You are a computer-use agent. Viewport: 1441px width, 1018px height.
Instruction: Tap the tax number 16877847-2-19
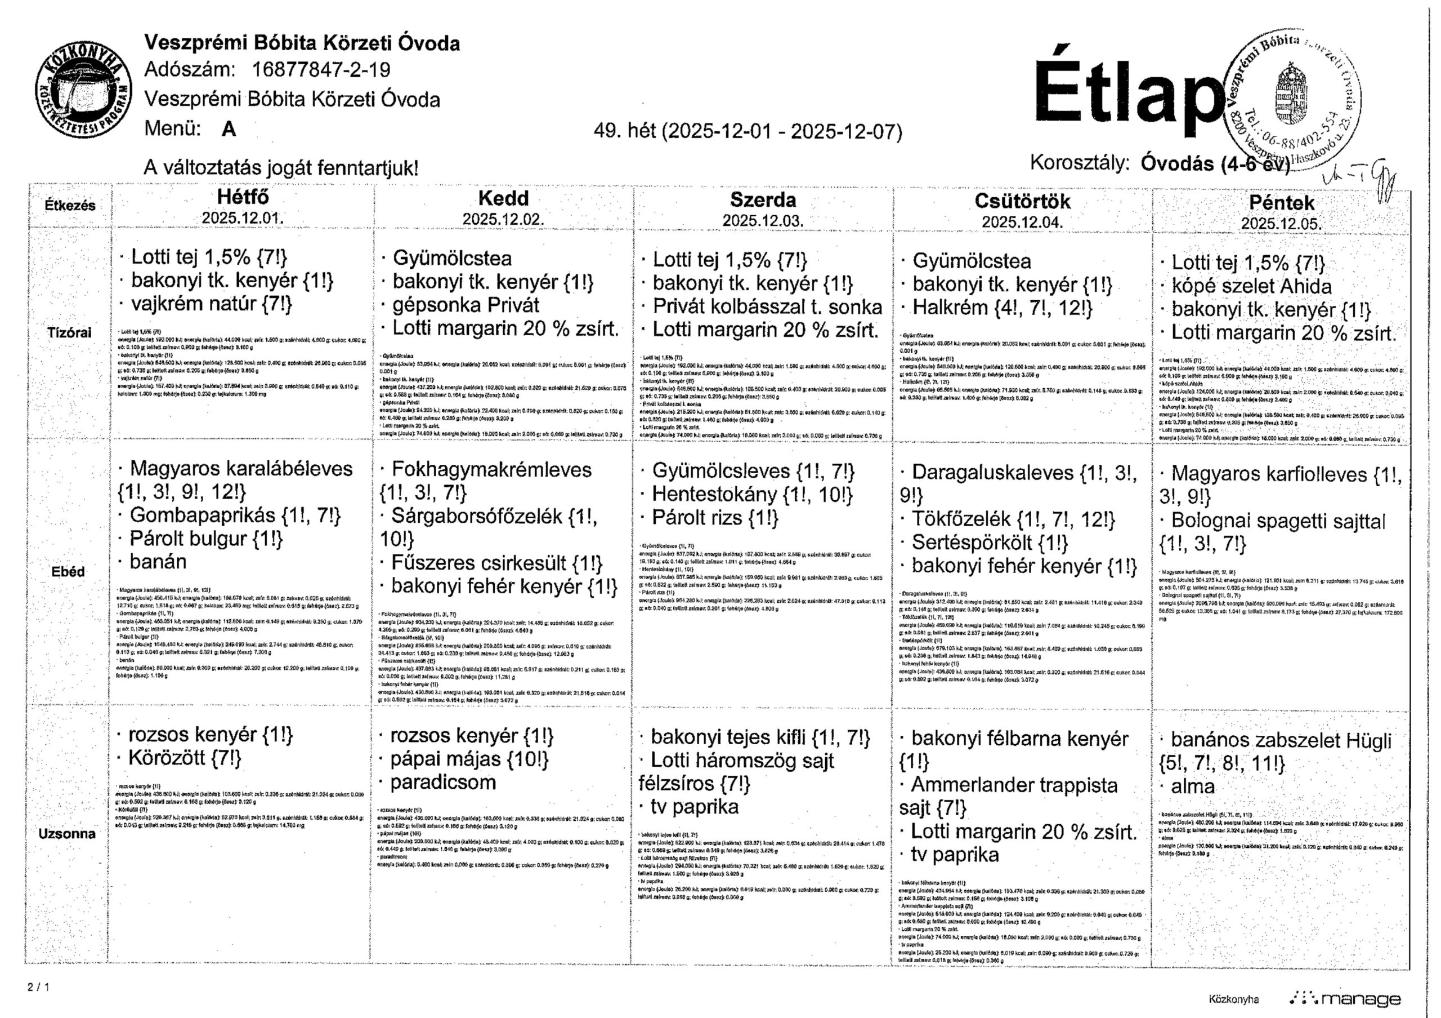point(321,70)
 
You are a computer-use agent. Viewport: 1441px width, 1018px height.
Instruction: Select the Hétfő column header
point(242,197)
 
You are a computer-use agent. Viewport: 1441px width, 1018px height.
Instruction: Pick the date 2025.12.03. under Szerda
point(763,220)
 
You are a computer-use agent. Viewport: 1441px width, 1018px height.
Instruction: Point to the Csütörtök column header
point(1022,201)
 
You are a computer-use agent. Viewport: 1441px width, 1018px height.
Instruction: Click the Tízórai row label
point(69,332)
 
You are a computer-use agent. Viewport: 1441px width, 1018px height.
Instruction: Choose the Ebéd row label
point(68,571)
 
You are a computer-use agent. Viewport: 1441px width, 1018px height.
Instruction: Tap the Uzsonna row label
point(67,833)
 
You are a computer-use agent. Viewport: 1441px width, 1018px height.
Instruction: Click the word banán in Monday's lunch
point(158,562)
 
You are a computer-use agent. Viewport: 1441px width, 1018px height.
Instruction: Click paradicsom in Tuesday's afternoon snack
point(442,783)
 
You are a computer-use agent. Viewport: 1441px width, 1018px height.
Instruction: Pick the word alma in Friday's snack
point(1192,786)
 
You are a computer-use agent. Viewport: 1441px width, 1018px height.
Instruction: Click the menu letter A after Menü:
point(229,129)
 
